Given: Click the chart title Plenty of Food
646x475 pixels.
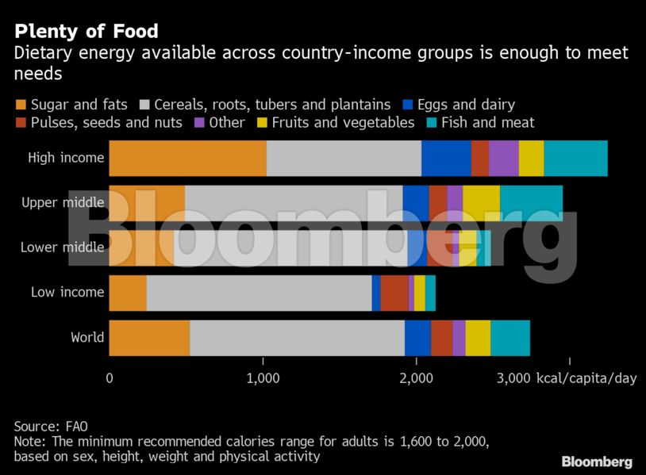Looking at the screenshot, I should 86,32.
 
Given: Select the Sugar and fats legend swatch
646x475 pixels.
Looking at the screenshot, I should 20,105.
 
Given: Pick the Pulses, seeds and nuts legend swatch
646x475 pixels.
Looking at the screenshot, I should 20,123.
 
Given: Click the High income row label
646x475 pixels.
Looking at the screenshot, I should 66,157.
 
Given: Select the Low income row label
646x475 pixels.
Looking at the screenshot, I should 67,292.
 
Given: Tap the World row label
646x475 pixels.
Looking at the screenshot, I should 87,337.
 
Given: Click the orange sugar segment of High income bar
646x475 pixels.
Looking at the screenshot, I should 187,157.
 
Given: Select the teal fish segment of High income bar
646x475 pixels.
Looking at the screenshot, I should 575,157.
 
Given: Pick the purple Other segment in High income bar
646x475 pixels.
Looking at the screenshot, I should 503,157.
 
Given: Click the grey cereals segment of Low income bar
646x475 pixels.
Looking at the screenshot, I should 259,292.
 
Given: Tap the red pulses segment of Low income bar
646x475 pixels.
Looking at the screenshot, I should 394,292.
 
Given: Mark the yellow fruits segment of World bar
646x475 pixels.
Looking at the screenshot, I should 478,337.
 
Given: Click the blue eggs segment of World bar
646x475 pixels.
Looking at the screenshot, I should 417,337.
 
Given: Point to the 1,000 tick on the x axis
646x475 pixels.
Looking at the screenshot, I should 263,378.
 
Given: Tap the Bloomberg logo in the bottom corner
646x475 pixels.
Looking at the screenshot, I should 597,462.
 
